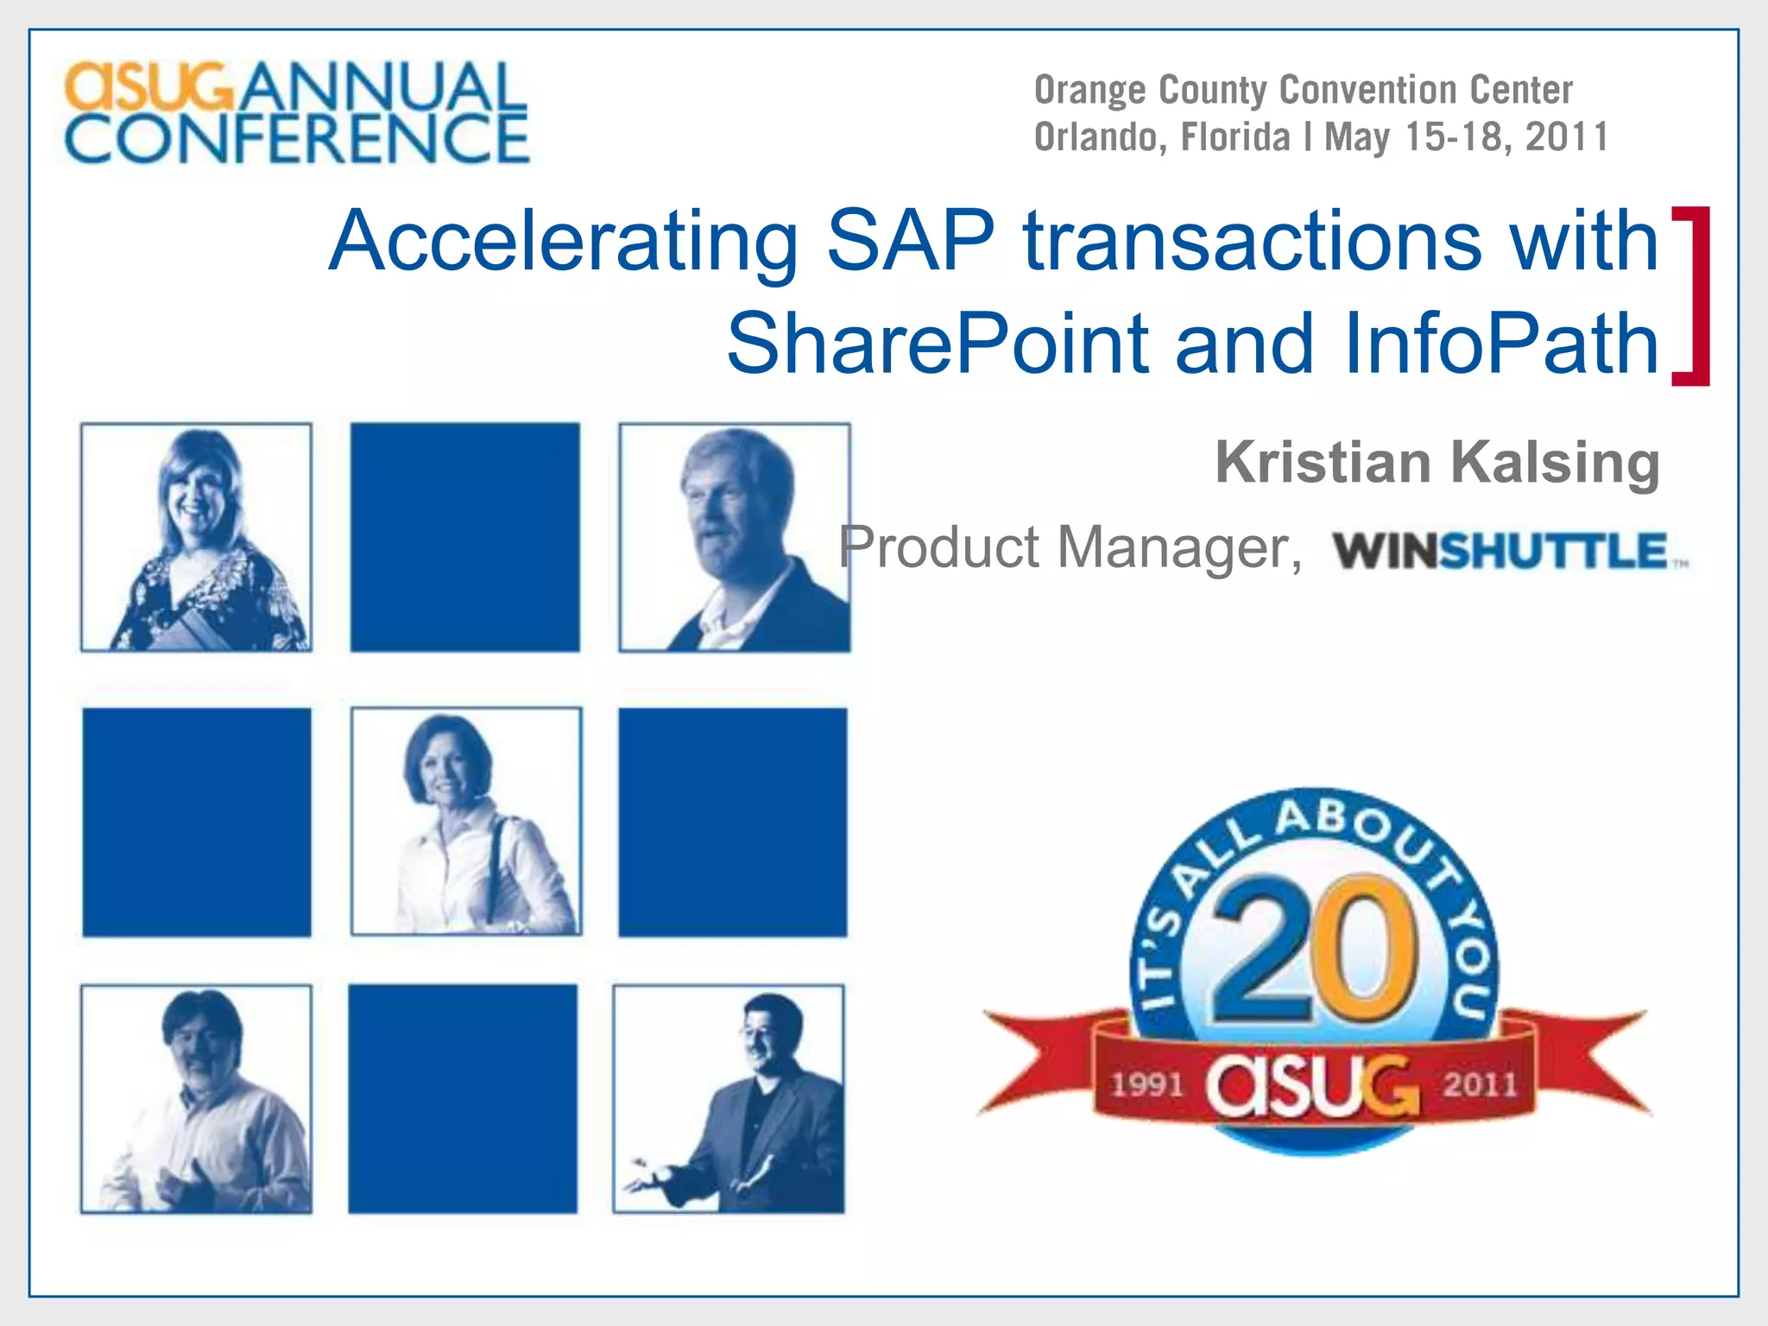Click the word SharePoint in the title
937,344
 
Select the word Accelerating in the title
563,242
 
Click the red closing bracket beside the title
1693,296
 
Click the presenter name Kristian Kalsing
1436,463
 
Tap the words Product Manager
1069,547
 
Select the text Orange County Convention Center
1303,90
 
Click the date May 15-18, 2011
1466,137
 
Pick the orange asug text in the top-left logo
148,86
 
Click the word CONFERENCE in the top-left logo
297,138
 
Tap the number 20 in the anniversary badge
1314,949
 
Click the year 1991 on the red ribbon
1146,1083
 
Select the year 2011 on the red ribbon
1480,1083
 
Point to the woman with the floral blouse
197,537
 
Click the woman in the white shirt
466,821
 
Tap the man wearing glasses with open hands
729,1099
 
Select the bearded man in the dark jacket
735,537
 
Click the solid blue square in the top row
465,537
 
